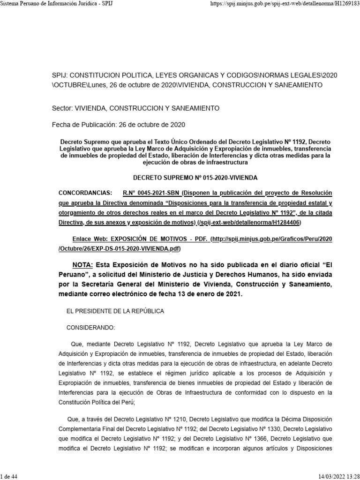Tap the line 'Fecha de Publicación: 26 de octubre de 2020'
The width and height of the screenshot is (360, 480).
coord(118,125)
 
